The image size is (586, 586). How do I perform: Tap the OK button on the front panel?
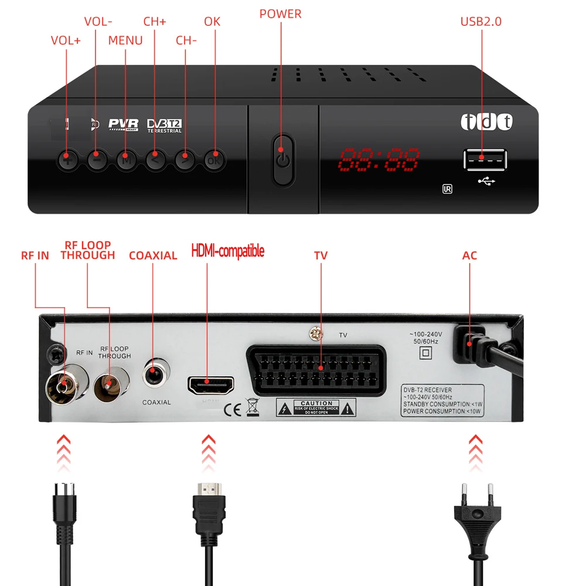213,159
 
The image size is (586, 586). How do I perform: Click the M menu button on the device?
125,159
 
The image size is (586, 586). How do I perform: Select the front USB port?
486,159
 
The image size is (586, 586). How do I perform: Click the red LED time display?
380,158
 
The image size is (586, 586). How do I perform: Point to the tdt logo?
486,122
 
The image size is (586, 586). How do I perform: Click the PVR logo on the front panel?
124,124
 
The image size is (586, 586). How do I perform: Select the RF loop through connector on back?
109,385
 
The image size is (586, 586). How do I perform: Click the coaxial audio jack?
155,374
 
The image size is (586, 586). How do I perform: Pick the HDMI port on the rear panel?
210,385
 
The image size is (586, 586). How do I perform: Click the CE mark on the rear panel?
232,408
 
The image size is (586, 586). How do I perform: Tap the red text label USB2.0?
481,22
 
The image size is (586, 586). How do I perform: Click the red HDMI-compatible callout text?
228,251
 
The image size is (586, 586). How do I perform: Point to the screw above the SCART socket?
315,335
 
